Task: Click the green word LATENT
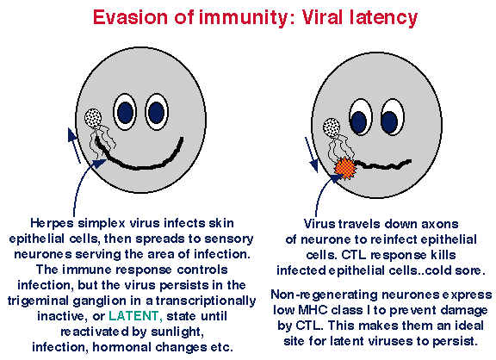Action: tap(135, 316)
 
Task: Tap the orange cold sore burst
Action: tap(345, 168)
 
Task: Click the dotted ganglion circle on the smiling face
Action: tap(93, 118)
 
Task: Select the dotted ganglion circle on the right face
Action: tap(332, 127)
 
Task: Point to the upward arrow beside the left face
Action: tap(74, 146)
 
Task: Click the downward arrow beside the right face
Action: tap(312, 155)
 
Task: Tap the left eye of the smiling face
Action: tap(125, 112)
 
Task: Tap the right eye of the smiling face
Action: tap(157, 112)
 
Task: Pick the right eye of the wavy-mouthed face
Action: tap(393, 118)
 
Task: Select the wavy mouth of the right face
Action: tap(382, 164)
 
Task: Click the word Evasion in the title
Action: tap(130, 17)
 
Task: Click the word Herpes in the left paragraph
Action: tap(53, 224)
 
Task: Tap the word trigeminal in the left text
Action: tap(39, 301)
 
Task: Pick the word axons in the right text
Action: tap(440, 224)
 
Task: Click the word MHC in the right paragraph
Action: tap(313, 310)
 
